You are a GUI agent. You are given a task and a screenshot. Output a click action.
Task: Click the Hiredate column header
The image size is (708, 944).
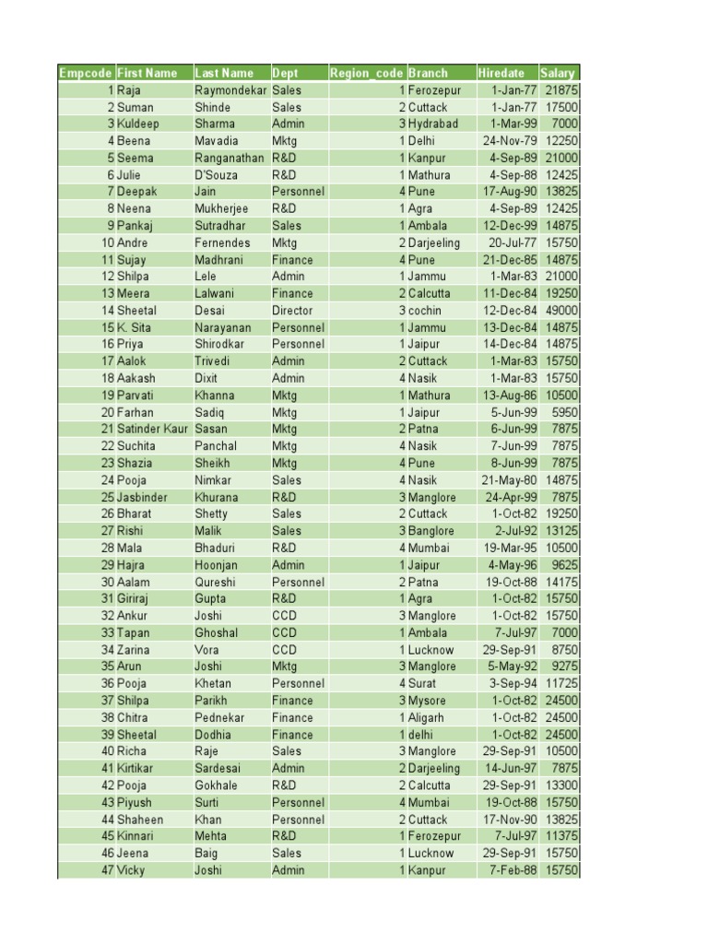pyautogui.click(x=501, y=73)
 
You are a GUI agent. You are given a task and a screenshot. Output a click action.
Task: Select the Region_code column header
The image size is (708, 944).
pyautogui.click(x=366, y=73)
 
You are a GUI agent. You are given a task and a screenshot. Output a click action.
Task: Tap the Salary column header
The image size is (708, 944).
pyautogui.click(x=558, y=73)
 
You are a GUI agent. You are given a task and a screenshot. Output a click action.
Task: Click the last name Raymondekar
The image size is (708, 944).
pyautogui.click(x=230, y=90)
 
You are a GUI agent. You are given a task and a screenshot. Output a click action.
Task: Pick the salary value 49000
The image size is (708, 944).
pyautogui.click(x=560, y=311)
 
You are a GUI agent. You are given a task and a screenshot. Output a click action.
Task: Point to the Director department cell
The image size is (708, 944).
pyautogui.click(x=292, y=311)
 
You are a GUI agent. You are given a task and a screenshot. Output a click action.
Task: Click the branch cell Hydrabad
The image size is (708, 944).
pyautogui.click(x=432, y=124)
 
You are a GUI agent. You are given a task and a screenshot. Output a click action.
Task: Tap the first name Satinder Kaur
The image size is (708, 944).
pyautogui.click(x=152, y=429)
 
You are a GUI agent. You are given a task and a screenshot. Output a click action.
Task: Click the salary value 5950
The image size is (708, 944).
pyautogui.click(x=564, y=412)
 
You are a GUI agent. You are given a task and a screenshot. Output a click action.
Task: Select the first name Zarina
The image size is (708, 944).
pyautogui.click(x=135, y=650)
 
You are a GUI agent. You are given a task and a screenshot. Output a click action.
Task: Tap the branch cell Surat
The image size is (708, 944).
pyautogui.click(x=422, y=684)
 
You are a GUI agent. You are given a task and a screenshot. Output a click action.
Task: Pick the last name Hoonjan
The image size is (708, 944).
pyautogui.click(x=216, y=565)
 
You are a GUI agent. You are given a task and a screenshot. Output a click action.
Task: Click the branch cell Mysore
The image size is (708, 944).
pyautogui.click(x=427, y=701)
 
